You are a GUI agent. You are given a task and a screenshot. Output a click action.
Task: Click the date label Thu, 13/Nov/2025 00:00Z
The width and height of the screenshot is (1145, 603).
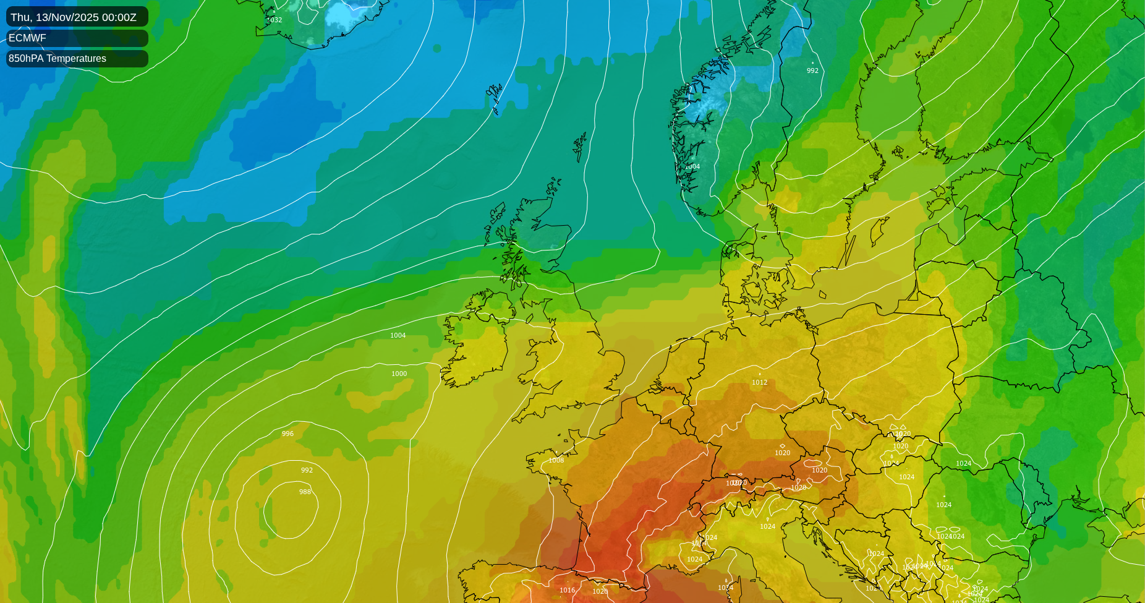point(74,17)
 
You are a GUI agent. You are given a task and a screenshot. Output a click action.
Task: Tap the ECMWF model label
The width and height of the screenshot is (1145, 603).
point(27,38)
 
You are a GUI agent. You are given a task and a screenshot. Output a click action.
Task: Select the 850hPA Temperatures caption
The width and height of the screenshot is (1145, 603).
point(57,58)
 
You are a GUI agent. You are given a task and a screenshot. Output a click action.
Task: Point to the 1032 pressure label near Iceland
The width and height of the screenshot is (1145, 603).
point(274,20)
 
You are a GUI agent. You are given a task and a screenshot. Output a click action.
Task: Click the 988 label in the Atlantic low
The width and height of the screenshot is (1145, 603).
point(305,492)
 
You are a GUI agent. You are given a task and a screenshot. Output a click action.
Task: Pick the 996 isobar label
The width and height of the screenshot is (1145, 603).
point(287,434)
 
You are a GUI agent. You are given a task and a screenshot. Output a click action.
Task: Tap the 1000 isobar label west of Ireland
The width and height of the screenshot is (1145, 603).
point(399,374)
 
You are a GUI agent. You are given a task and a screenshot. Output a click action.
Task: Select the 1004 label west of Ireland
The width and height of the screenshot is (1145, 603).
point(398,335)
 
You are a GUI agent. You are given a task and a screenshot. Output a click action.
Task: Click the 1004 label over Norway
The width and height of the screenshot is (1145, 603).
point(692,166)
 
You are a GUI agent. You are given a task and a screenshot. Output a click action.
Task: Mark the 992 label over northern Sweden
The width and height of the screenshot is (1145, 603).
point(812,71)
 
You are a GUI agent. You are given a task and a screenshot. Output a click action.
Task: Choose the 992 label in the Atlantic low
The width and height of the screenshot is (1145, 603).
point(307,470)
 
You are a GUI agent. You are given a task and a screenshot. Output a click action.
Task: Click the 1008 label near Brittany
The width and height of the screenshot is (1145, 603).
point(556,460)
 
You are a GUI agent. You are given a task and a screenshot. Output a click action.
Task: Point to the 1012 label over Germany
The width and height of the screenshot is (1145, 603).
point(760,382)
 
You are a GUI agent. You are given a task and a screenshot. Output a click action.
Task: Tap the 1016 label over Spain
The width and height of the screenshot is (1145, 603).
point(568,590)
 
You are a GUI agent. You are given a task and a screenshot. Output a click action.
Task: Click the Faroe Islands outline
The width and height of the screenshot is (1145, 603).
point(495,99)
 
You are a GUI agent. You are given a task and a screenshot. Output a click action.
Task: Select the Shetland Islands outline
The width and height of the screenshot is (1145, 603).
point(580,147)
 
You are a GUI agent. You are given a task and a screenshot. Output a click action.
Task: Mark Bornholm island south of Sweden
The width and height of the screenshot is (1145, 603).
point(823,295)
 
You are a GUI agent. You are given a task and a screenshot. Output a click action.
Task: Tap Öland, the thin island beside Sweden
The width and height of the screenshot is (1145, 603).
point(850,250)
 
